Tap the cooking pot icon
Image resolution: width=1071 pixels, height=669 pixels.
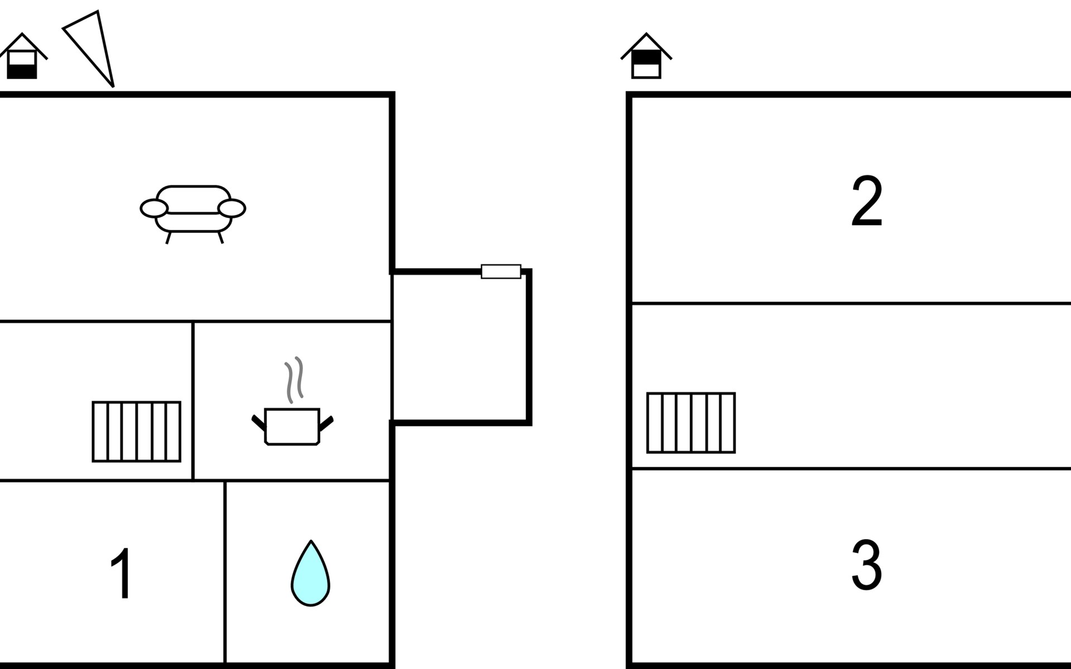292,426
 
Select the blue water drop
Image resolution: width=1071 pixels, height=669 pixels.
310,577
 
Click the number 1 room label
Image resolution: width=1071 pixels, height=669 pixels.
121,573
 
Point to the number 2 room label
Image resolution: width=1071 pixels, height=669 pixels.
866,201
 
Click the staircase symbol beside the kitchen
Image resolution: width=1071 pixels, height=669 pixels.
137,432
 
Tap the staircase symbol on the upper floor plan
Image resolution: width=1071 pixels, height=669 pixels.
691,423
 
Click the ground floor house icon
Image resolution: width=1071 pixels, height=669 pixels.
22,57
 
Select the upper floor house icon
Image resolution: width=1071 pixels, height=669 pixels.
647,57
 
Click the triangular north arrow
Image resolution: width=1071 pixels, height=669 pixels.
93,45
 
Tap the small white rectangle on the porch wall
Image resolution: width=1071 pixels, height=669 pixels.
501,272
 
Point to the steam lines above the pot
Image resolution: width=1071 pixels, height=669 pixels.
294,379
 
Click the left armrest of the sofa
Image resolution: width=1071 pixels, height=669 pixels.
154,209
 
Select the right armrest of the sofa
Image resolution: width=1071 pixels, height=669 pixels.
231,209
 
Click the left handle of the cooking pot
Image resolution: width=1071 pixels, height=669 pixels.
258,423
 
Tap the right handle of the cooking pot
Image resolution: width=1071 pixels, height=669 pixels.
326,423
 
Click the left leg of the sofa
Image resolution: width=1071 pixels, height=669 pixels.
168,238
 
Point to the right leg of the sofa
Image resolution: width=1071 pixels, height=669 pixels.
220,237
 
